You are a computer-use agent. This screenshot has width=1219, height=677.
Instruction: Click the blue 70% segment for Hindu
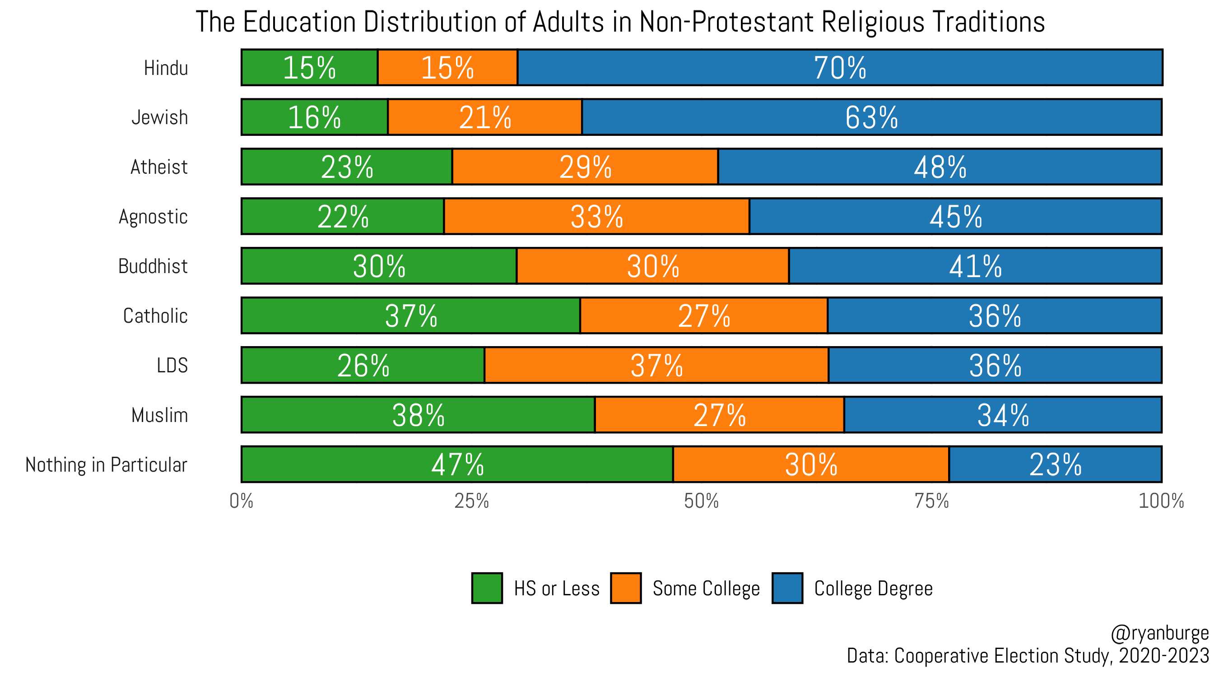pos(839,67)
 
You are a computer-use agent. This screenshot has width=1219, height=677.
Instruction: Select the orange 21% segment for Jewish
pos(484,117)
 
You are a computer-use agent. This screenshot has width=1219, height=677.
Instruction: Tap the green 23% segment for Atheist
pos(346,167)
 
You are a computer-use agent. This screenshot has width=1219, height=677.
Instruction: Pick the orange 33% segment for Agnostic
pos(596,216)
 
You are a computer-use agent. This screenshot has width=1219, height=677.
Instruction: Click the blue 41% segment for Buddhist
pos(975,266)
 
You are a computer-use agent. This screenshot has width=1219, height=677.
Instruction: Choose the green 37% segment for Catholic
pos(410,315)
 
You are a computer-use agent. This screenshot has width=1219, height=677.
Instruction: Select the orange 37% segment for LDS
pos(656,365)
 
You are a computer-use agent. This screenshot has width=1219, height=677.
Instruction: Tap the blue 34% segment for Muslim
pos(1002,415)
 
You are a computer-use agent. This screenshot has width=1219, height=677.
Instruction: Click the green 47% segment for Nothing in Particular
pos(456,464)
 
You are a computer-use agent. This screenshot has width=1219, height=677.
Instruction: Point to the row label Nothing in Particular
pos(106,464)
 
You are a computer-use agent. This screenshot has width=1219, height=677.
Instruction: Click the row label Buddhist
pos(153,266)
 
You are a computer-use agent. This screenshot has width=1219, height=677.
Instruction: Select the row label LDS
pos(172,365)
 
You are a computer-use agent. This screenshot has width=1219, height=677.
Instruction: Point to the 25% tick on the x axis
pos(471,501)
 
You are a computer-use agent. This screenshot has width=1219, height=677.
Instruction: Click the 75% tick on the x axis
pos(931,501)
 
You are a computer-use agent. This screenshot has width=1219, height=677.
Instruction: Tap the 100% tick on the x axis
pos(1160,501)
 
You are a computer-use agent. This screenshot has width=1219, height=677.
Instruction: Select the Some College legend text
pos(706,588)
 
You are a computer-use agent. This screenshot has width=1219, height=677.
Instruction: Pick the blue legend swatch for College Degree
pos(787,588)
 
